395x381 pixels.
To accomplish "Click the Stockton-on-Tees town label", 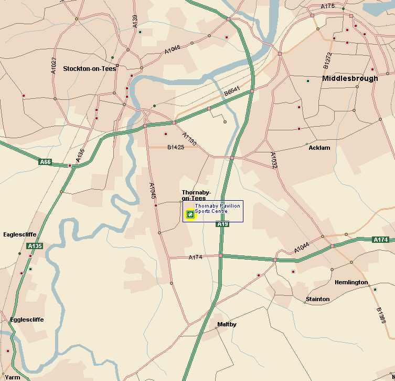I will [89, 68].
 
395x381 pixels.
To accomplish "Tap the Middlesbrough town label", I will [350, 78].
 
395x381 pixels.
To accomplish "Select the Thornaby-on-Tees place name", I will [196, 195].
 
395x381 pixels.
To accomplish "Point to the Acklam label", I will [319, 148].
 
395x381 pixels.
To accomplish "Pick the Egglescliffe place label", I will [27, 320].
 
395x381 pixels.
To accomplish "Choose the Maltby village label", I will [227, 324].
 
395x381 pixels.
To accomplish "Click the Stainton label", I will [317, 299].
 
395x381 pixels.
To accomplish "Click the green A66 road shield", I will [46, 162].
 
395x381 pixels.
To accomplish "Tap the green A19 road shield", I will [223, 224].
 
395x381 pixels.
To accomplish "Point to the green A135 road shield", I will [35, 246].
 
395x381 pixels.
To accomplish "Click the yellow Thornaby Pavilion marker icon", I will [190, 214].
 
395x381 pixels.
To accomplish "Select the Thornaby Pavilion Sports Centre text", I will [217, 208].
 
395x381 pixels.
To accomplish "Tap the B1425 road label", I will [176, 147].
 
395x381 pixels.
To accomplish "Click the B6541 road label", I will [231, 91].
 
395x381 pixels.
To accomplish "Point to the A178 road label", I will [327, 6].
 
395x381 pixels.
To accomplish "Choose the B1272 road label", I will [328, 60].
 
